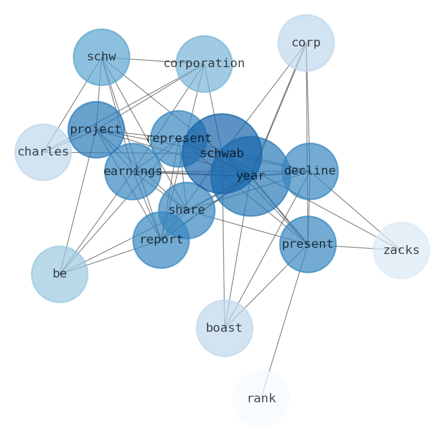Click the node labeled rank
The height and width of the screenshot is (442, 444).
click(x=261, y=399)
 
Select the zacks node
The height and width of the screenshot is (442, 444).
click(x=401, y=251)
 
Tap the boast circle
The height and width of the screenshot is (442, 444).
click(x=224, y=328)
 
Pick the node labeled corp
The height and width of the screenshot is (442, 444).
click(x=306, y=43)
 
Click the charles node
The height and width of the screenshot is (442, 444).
click(x=43, y=152)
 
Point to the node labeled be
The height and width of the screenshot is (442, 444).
click(x=60, y=274)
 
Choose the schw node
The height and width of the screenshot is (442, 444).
click(x=101, y=57)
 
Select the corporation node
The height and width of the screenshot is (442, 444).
click(x=204, y=64)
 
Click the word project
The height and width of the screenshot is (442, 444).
click(x=96, y=130)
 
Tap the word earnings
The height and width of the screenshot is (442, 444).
click(x=133, y=172)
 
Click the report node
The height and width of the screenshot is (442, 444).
click(x=161, y=240)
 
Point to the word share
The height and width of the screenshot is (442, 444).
click(x=186, y=210)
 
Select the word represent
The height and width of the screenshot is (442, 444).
click(x=178, y=139)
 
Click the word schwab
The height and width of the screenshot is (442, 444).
click(x=221, y=154)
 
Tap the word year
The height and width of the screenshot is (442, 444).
click(x=250, y=176)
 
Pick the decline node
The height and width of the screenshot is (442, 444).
click(x=310, y=171)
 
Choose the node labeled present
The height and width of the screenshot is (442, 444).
click(x=308, y=244)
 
